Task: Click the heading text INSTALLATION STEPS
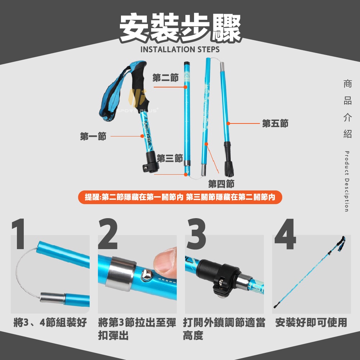point(180,49)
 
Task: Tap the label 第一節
point(93,136)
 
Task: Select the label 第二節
point(166,78)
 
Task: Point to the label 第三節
point(170,158)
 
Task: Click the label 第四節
point(221,184)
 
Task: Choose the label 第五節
point(275,123)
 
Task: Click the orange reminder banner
point(180,197)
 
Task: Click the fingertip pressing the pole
point(165,260)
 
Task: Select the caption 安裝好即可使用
point(311,322)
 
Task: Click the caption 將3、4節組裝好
point(50,322)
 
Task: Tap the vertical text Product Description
point(347,181)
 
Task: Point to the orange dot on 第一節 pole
point(142,136)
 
